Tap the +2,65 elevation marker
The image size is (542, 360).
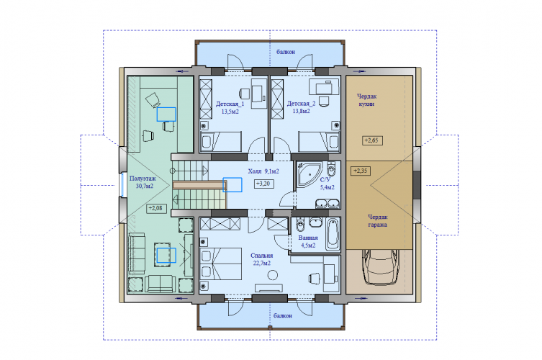(x=372, y=140)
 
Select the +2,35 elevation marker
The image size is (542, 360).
(x=361, y=171)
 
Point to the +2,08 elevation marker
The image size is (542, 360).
(x=156, y=208)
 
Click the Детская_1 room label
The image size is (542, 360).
(x=230, y=104)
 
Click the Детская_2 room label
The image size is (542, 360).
(x=301, y=104)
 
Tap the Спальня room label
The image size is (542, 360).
(x=262, y=256)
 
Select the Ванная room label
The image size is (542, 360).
(x=308, y=238)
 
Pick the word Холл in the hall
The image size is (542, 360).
(x=255, y=171)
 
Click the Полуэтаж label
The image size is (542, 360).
(x=143, y=179)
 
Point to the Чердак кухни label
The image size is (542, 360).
(x=367, y=100)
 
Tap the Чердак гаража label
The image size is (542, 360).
(x=377, y=220)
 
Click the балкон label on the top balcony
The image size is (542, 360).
(x=286, y=52)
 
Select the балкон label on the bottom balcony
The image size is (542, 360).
(x=283, y=316)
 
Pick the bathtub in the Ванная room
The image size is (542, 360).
(x=333, y=233)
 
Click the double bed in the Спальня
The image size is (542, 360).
(x=220, y=264)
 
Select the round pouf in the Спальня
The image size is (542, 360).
(x=273, y=275)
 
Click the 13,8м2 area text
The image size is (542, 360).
(x=301, y=112)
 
